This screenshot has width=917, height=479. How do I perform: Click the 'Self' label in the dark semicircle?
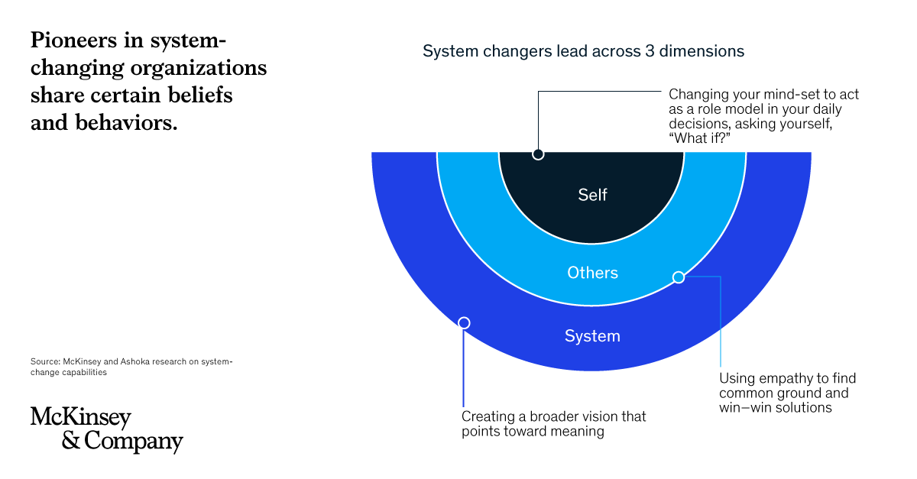[592, 195]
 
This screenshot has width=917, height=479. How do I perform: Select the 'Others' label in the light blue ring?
[592, 273]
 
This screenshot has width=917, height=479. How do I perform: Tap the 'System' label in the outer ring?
[592, 336]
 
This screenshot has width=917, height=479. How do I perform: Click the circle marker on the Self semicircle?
[538, 154]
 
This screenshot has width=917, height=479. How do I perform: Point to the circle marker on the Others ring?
[679, 277]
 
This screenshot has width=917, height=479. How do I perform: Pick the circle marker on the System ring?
[464, 323]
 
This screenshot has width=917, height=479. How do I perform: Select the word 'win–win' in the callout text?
[744, 408]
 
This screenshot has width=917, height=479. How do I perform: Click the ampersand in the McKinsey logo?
[70, 442]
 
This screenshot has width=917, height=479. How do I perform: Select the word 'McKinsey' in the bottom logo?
[81, 418]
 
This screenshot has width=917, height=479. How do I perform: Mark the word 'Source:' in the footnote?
[44, 362]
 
